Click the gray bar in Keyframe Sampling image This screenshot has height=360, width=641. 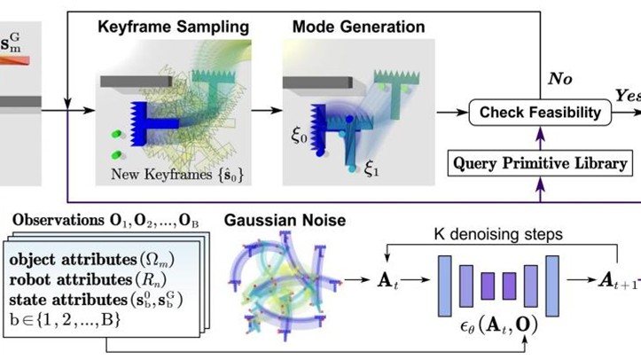(x=129, y=82)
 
